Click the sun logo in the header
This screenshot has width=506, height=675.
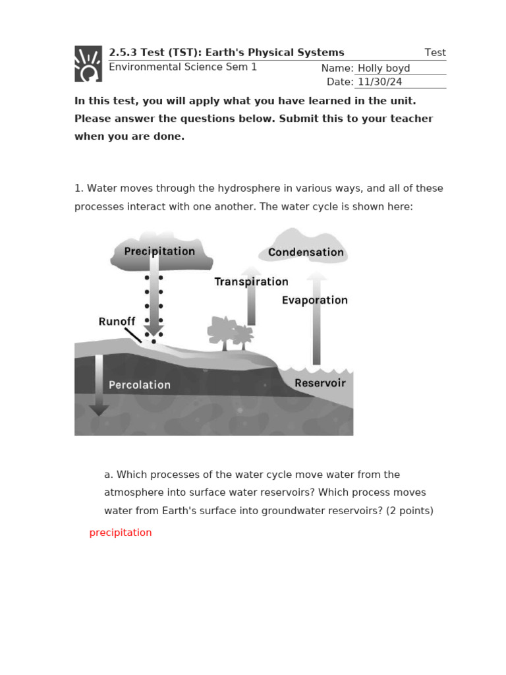tap(88, 64)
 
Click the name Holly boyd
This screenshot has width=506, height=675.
tap(383, 69)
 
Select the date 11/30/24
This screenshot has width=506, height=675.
tap(379, 82)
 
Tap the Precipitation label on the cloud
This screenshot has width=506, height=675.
tap(159, 251)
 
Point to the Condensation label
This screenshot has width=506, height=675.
tap(306, 252)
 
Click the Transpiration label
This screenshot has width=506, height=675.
tap(251, 281)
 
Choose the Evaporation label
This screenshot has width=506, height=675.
tap(314, 300)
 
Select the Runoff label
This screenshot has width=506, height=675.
tap(117, 322)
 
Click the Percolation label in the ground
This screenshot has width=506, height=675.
tap(139, 385)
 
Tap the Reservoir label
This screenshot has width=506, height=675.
tap(320, 383)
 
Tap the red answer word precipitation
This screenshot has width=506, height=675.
tap(121, 533)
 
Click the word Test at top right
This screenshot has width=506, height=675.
tap(435, 53)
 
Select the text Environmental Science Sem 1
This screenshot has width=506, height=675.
tap(183, 67)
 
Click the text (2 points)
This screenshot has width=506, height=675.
tap(410, 510)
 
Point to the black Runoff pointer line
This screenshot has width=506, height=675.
tap(133, 335)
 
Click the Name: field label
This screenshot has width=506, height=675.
tap(337, 69)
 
